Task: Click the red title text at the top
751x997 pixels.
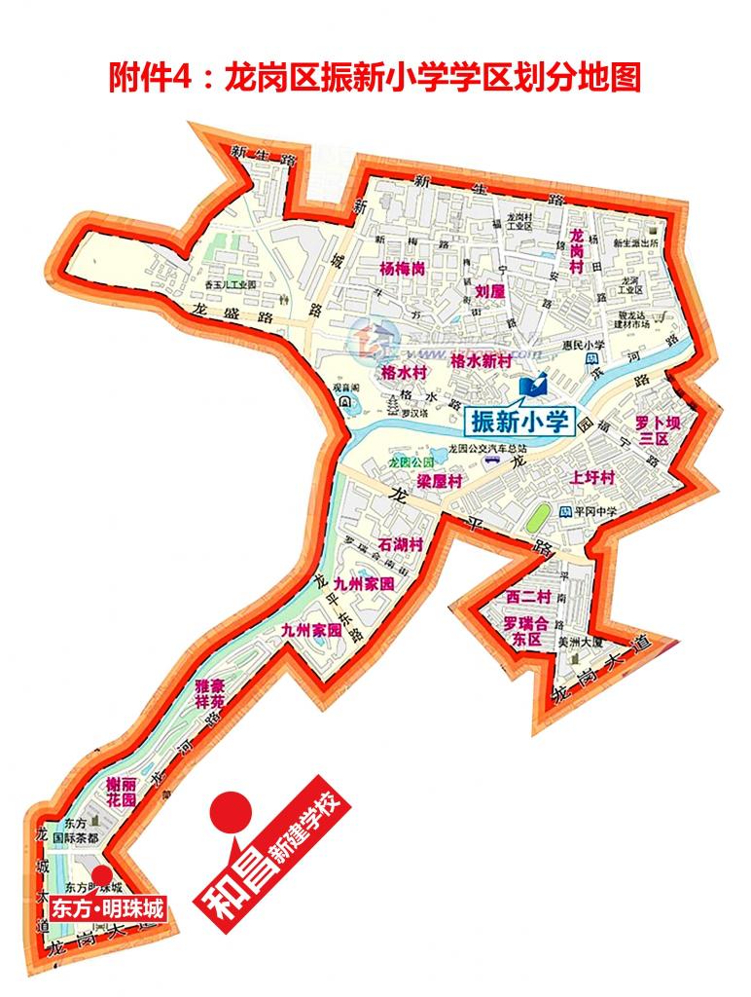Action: click(x=375, y=77)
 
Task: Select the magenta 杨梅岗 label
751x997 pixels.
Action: click(x=403, y=268)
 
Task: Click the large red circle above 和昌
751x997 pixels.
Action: click(x=231, y=808)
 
